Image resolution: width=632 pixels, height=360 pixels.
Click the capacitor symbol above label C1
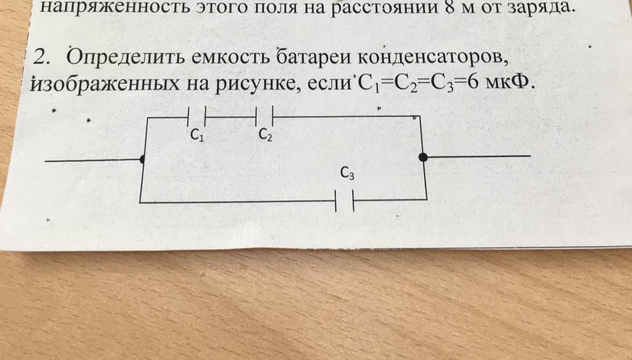click(197, 116)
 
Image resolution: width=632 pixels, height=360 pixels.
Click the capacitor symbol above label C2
click(264, 116)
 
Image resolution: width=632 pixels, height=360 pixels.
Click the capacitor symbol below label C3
click(345, 200)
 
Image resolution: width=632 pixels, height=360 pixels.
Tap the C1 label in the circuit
click(197, 135)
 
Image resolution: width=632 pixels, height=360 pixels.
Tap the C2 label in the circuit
click(265, 134)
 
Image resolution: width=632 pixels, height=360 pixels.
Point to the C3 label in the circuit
click(347, 173)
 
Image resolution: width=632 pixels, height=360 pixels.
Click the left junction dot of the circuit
click(143, 159)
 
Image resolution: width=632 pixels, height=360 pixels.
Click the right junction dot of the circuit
click(423, 157)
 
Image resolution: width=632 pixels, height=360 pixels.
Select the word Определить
click(126, 57)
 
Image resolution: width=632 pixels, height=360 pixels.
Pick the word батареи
click(313, 58)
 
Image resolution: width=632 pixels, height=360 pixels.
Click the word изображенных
click(104, 84)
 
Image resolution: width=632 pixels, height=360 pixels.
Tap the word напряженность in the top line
click(115, 7)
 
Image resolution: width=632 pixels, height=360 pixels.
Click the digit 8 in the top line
click(449, 7)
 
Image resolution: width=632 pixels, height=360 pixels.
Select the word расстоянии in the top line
click(384, 8)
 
